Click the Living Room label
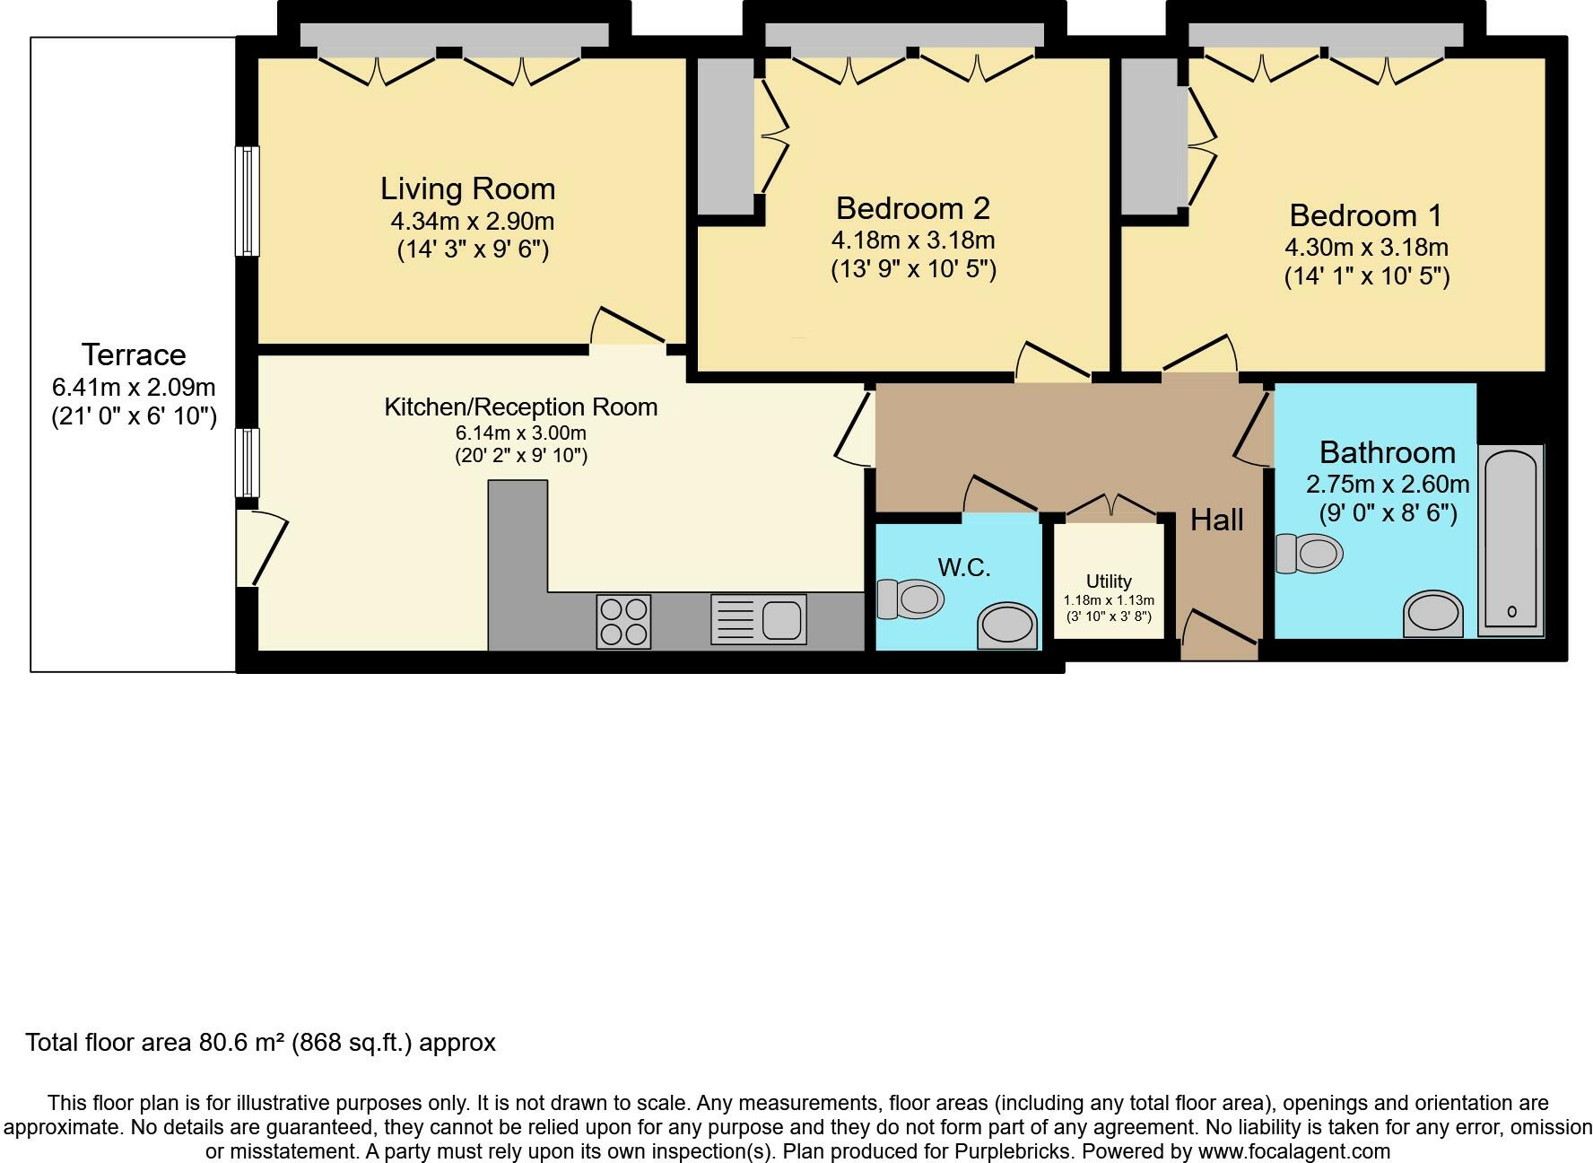click(x=467, y=188)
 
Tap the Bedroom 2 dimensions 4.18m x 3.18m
click(x=912, y=240)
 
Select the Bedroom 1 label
click(x=1365, y=215)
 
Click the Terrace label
click(x=134, y=354)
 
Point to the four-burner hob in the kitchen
click(x=623, y=621)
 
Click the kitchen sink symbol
click(x=759, y=619)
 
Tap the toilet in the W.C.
click(x=910, y=599)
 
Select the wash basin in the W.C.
click(x=1007, y=625)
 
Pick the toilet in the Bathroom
click(x=1309, y=553)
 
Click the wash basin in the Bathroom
click(x=1432, y=614)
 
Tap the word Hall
click(x=1216, y=520)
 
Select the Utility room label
click(x=1109, y=581)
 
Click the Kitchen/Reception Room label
click(x=520, y=407)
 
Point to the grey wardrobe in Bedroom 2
click(x=726, y=136)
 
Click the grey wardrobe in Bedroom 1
click(x=1150, y=136)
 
